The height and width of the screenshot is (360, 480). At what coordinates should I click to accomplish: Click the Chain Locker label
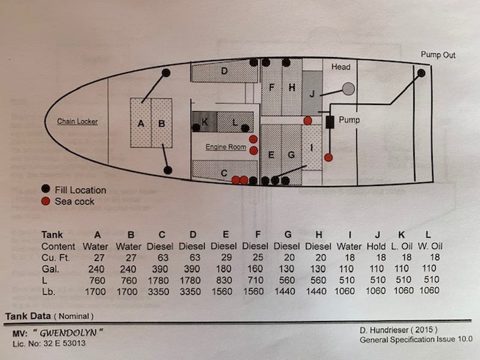[x=77, y=122]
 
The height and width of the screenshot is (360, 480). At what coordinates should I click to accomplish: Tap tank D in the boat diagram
[x=224, y=71]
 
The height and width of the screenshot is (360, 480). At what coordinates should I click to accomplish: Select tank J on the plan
[x=312, y=93]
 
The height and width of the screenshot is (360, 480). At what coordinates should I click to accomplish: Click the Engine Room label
[x=226, y=147]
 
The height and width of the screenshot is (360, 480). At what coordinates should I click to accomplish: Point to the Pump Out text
[x=438, y=55]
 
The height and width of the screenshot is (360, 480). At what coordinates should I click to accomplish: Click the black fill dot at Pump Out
[x=422, y=73]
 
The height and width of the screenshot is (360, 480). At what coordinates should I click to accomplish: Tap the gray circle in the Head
[x=349, y=89]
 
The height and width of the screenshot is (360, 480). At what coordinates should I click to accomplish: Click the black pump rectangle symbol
[x=329, y=122]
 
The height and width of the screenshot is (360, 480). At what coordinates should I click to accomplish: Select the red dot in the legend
[x=46, y=201]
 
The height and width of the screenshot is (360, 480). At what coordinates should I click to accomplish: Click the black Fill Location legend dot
[x=46, y=188]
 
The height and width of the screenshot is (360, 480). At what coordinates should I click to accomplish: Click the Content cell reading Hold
[x=376, y=246]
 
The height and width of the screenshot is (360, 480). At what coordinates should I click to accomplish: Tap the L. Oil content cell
[x=401, y=246]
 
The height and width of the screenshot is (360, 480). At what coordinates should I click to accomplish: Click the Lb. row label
[x=49, y=292]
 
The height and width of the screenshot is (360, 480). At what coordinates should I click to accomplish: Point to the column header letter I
[x=350, y=235]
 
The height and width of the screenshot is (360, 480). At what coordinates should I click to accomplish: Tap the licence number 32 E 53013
[x=65, y=343]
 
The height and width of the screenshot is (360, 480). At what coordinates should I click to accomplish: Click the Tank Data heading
[x=28, y=316]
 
